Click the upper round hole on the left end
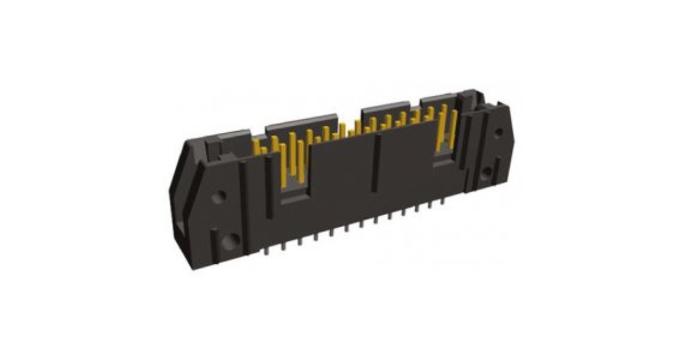(x=218, y=197)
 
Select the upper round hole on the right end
(x=498, y=132)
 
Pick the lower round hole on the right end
(x=487, y=172)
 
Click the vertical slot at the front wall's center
(x=376, y=163)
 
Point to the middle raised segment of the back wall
(x=385, y=109)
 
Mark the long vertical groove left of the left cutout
(x=269, y=189)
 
